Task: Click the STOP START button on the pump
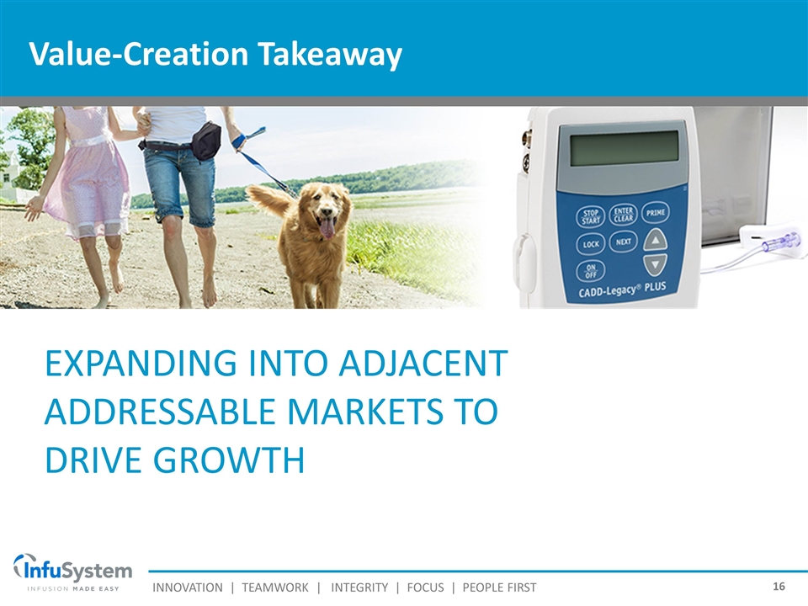(591, 217)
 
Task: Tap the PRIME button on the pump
(656, 212)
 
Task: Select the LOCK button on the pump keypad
(591, 244)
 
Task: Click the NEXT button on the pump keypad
(624, 242)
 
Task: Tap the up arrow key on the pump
(656, 240)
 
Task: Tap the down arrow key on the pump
(656, 265)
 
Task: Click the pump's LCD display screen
(625, 147)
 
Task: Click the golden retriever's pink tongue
(327, 227)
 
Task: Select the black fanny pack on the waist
(208, 141)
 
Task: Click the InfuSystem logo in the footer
(72, 572)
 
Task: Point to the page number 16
(779, 587)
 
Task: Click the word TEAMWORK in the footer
(275, 587)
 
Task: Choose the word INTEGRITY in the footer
(359, 587)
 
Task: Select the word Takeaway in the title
(330, 54)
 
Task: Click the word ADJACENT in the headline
(423, 364)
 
